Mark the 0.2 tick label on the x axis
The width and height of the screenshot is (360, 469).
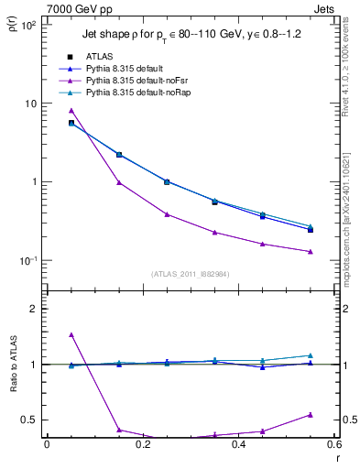coord(142,446)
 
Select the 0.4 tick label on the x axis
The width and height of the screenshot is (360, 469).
coord(238,446)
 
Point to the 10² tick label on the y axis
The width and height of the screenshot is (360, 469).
coord(28,26)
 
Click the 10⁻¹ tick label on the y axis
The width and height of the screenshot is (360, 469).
coord(27,260)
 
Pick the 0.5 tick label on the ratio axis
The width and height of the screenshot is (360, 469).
coord(29,420)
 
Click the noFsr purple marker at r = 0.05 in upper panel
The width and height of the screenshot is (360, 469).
coord(71,111)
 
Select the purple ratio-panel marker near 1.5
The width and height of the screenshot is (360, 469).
coord(71,334)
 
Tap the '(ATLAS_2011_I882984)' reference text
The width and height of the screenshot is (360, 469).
coord(190,273)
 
